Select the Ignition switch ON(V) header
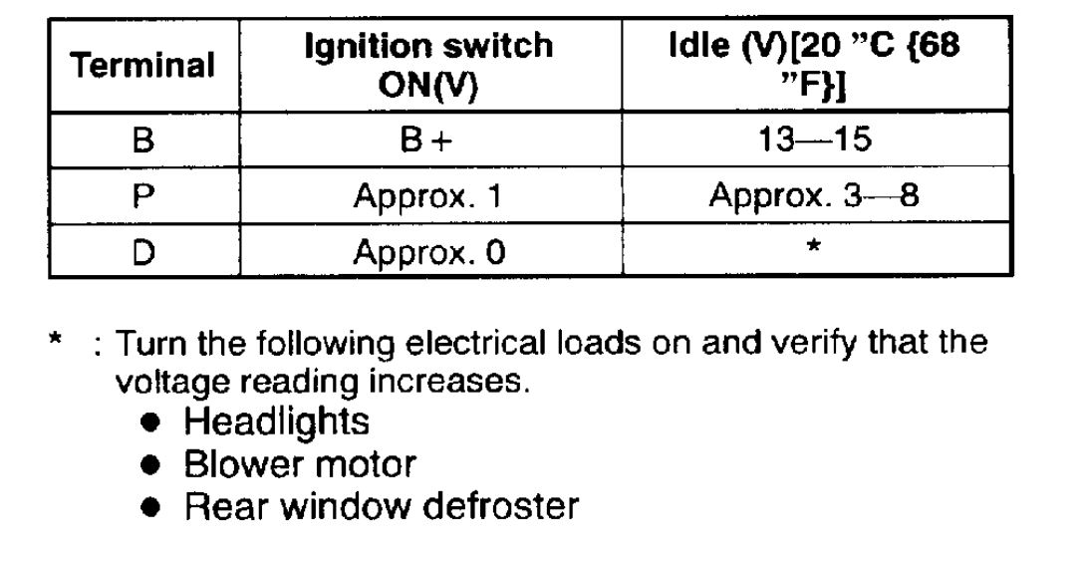point(428,66)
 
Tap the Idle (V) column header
point(814,66)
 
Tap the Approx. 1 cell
point(428,196)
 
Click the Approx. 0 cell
point(428,252)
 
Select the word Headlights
point(276,421)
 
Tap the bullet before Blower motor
point(150,465)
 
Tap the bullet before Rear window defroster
point(150,508)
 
